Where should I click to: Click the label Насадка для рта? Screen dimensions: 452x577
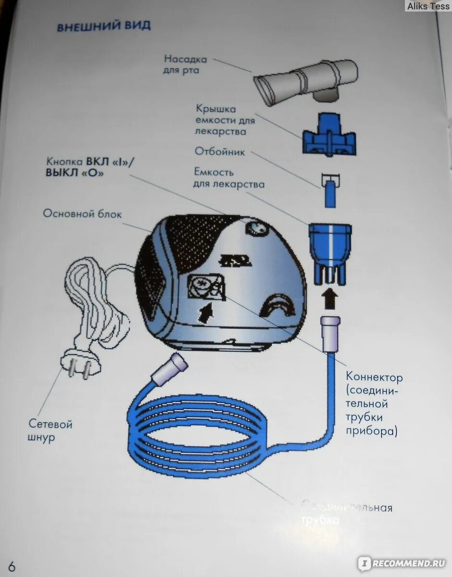pyautogui.click(x=185, y=65)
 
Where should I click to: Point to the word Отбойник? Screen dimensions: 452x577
pyautogui.click(x=220, y=152)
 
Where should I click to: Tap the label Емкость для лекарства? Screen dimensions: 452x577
pyautogui.click(x=229, y=178)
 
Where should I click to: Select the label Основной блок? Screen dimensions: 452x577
pyautogui.click(x=83, y=213)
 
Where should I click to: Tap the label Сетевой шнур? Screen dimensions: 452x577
pyautogui.click(x=50, y=431)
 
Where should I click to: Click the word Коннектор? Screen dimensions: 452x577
pyautogui.click(x=375, y=377)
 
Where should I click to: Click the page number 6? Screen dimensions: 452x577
pyautogui.click(x=12, y=566)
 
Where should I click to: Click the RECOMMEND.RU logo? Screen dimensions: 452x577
pyautogui.click(x=402, y=563)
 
